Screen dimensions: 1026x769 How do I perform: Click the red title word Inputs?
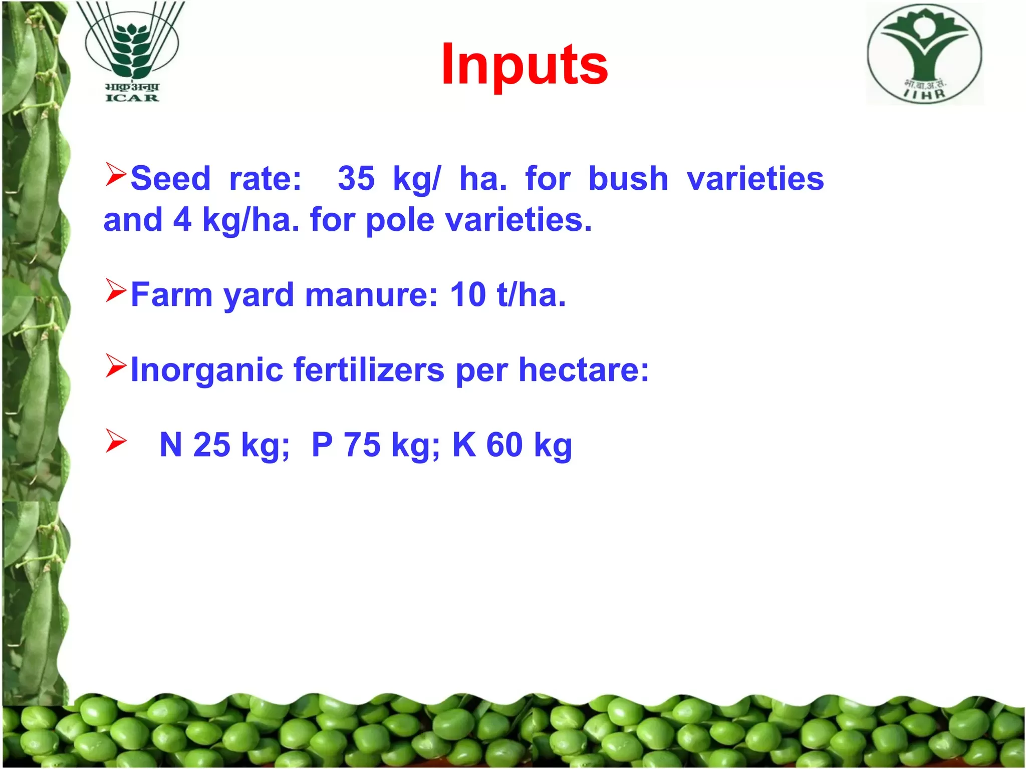click(x=525, y=66)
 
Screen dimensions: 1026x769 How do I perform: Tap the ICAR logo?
click(x=131, y=52)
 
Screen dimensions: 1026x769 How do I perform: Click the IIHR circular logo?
click(x=925, y=54)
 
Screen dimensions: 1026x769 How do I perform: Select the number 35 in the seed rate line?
click(x=356, y=178)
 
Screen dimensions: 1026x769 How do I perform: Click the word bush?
click(x=628, y=178)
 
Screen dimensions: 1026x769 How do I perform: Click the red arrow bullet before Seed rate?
click(x=116, y=175)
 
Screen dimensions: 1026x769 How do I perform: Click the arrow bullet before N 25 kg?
click(x=116, y=441)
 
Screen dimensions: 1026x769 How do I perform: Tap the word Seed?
click(x=170, y=178)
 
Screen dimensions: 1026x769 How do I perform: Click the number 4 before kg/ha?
click(x=182, y=220)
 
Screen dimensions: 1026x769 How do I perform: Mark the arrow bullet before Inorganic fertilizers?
click(x=116, y=366)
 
